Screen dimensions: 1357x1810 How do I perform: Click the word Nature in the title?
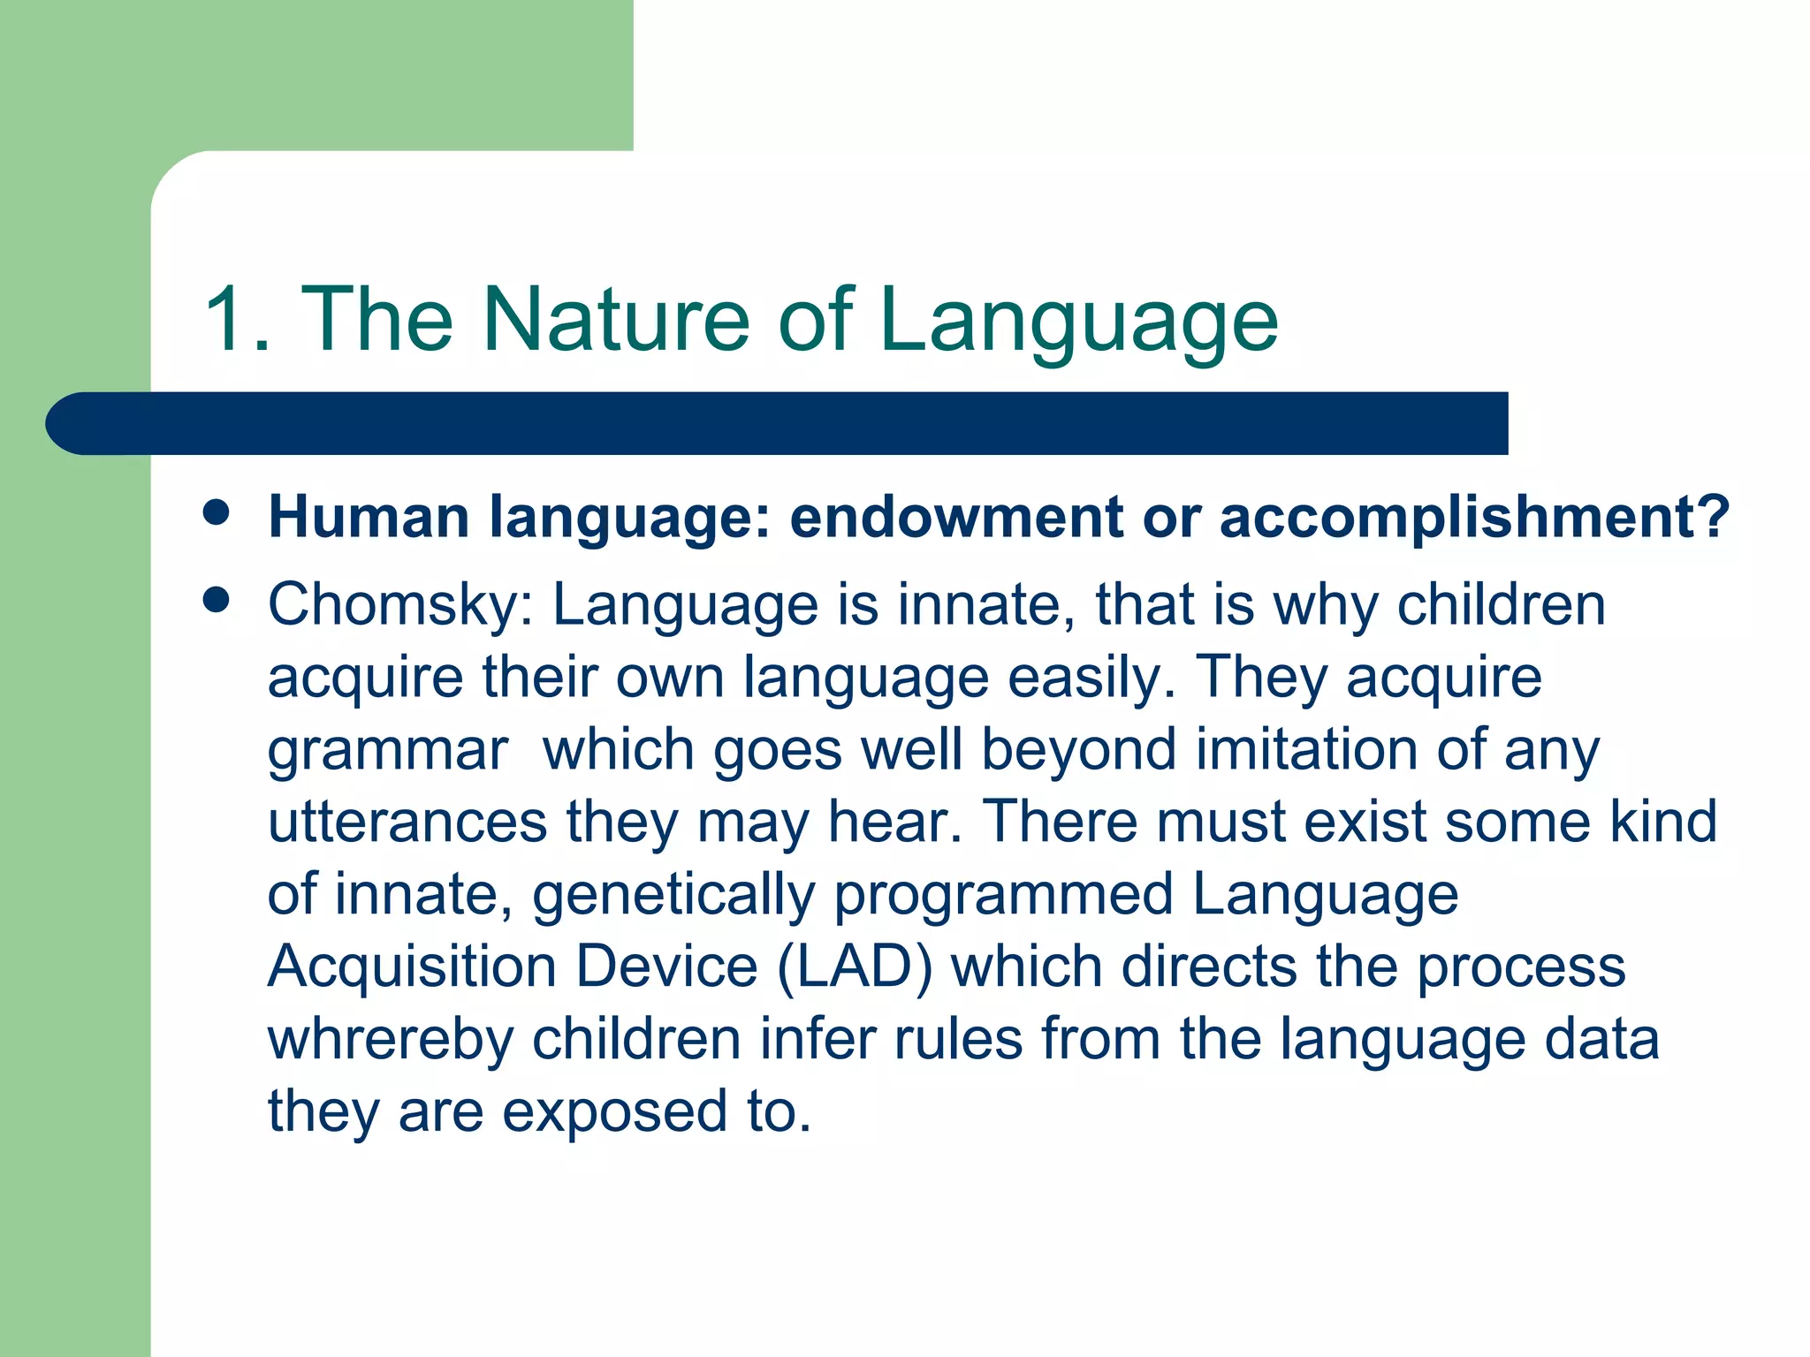pos(616,320)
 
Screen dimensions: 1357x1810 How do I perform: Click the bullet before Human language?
pos(216,512)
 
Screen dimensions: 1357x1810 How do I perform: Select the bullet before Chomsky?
pos(216,601)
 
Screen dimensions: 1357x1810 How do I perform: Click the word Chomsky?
pos(400,607)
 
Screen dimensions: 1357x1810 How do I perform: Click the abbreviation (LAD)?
pos(855,967)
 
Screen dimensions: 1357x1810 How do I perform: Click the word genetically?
pos(673,896)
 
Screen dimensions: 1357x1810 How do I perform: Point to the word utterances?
pos(407,822)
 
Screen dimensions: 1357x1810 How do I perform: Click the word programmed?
pos(1003,896)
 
